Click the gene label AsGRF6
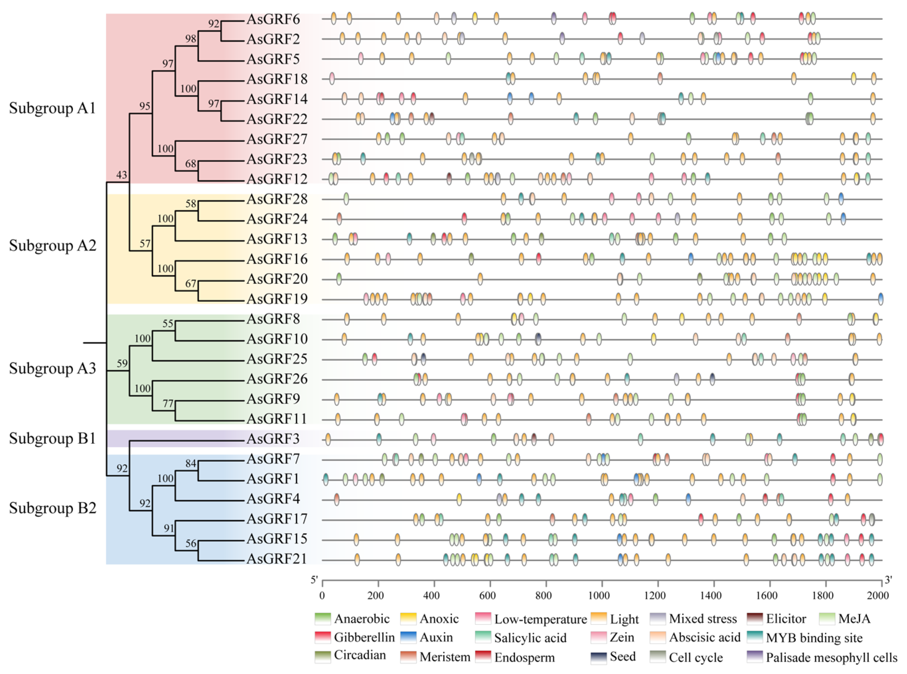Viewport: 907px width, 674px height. point(273,19)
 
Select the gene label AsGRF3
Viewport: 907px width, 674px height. point(273,439)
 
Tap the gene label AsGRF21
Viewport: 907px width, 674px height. point(276,559)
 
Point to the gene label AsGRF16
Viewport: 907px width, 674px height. point(276,259)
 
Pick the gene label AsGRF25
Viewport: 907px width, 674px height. point(276,359)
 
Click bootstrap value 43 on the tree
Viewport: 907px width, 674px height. point(122,175)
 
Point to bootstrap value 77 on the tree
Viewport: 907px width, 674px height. point(168,403)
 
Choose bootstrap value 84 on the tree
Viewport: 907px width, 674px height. point(190,463)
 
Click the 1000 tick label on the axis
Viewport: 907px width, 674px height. point(599,595)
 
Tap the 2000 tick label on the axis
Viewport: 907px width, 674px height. point(877,595)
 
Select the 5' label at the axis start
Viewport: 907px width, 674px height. point(314,580)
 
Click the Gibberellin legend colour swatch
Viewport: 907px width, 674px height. point(323,637)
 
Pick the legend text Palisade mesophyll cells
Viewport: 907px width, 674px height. point(831,658)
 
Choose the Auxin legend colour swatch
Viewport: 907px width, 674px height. point(408,637)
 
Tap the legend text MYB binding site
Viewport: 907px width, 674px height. point(814,638)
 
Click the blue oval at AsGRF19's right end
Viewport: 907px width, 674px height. point(880,299)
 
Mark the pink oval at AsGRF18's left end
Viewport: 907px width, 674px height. point(332,79)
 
